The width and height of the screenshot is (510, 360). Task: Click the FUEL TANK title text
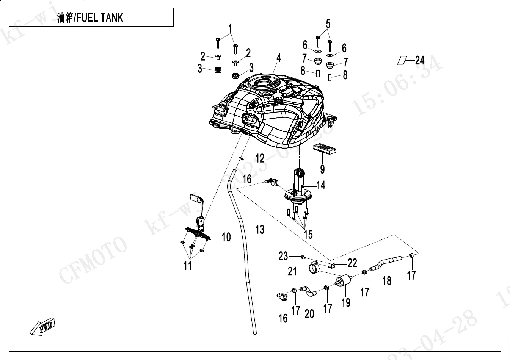(x=90, y=18)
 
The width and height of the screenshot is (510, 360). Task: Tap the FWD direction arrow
(x=43, y=327)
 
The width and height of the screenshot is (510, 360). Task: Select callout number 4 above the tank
(x=279, y=58)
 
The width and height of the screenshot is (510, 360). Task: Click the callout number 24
(x=420, y=60)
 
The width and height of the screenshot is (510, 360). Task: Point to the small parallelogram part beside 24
(x=402, y=61)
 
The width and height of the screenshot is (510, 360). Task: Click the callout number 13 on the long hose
(x=260, y=229)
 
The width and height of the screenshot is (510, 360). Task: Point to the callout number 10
(x=226, y=238)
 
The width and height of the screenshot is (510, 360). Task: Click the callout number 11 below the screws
(x=188, y=266)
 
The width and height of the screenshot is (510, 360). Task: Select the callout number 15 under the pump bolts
(x=308, y=235)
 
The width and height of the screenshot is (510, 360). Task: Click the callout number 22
(x=352, y=262)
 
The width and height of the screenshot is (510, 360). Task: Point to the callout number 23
(x=283, y=256)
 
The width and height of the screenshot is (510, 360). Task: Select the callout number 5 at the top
(x=328, y=24)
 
